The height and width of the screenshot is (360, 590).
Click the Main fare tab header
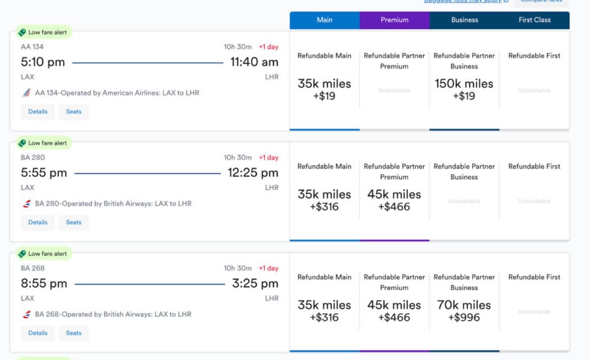click(324, 20)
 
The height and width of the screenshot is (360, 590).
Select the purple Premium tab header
click(394, 20)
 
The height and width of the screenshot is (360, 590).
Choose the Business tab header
click(464, 20)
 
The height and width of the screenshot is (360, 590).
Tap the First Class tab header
click(534, 20)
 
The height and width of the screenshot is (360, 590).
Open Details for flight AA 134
click(38, 112)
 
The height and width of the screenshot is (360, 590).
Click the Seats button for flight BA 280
click(74, 222)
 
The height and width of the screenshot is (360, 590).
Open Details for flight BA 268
click(38, 333)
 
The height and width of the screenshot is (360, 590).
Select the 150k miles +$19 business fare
click(464, 89)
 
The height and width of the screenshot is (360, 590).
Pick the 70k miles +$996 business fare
click(464, 310)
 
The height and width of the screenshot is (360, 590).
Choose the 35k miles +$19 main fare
click(324, 89)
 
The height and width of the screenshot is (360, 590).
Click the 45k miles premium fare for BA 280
click(394, 200)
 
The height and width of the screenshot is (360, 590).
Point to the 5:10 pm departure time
click(43, 62)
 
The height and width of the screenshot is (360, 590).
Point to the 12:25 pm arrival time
click(253, 173)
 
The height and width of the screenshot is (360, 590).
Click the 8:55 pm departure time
click(44, 283)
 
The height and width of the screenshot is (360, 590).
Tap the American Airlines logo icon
click(26, 93)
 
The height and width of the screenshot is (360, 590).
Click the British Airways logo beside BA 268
click(26, 314)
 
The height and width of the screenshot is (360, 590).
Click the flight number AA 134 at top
click(32, 47)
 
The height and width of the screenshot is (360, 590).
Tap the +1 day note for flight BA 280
click(268, 158)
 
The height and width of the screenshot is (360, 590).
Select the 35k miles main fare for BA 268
click(324, 310)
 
